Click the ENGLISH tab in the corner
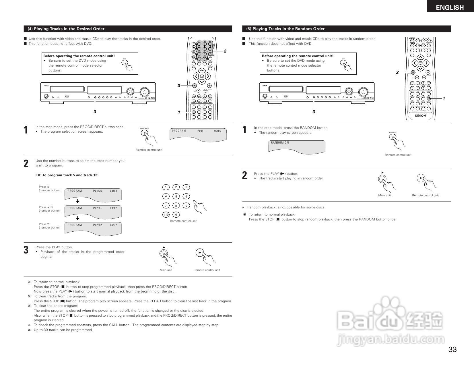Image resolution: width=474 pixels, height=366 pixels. tap(450, 7)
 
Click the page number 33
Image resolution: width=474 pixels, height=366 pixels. tap(452, 349)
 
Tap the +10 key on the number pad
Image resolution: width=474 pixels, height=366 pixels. tap(166, 214)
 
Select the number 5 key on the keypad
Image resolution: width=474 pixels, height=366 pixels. tap(176, 196)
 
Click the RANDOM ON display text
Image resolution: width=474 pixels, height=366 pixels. tap(280, 143)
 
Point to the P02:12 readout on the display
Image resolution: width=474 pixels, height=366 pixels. tap(98, 225)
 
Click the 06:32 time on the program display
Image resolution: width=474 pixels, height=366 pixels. tap(113, 225)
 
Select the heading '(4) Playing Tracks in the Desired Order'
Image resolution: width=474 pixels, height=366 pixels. tap(66, 29)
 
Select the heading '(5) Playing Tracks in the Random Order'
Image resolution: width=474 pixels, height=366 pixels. tap(285, 29)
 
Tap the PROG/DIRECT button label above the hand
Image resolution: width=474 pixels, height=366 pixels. tap(144, 129)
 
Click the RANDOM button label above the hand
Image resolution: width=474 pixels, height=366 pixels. tap(393, 133)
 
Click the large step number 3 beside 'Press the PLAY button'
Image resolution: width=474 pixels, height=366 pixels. tap(26, 250)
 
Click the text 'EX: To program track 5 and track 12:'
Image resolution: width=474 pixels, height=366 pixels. tap(67, 175)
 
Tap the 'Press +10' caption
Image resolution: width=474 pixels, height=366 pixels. tap(46, 207)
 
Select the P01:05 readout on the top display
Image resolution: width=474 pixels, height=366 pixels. tap(98, 191)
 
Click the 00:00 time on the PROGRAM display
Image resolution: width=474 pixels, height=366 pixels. tap(217, 131)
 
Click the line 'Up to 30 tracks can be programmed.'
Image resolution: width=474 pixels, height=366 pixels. tap(63, 330)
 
